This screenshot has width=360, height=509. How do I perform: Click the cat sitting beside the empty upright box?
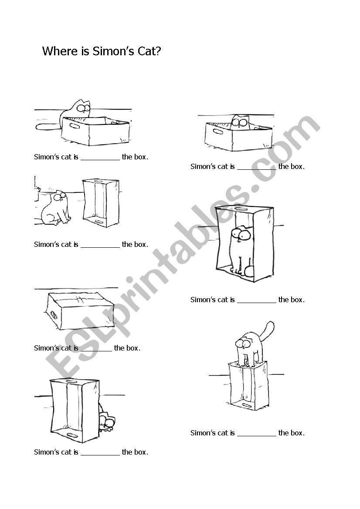click(55, 208)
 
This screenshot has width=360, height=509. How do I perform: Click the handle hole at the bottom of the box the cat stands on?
click(247, 405)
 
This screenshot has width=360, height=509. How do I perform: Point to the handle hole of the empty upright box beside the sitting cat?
click(99, 222)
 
